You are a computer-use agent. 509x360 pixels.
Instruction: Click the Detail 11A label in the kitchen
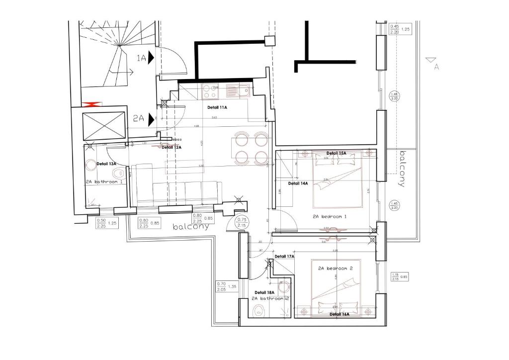[x=217, y=107]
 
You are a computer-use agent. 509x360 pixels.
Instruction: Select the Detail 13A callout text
[x=106, y=164]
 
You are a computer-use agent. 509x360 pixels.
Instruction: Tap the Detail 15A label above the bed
[x=336, y=153]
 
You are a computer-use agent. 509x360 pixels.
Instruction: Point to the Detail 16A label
[x=339, y=314]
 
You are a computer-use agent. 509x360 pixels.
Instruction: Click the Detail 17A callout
[x=284, y=257]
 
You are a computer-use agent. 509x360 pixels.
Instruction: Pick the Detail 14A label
[x=298, y=183]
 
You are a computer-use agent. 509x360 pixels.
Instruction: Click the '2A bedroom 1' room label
[x=330, y=216]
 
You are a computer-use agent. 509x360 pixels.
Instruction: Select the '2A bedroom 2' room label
[x=336, y=268]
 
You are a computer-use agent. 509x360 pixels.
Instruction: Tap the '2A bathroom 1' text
[x=104, y=182]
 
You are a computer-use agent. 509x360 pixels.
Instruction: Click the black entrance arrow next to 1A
[x=152, y=58]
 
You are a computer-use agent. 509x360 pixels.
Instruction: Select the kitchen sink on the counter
[x=238, y=90]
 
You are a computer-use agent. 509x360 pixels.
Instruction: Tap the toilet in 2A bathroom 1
[x=118, y=174]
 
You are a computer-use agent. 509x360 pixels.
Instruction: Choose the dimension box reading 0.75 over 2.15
[x=242, y=222]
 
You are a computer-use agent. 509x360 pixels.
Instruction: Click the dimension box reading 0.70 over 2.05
[x=222, y=286]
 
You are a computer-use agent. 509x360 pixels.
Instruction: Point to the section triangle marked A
[x=431, y=61]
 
